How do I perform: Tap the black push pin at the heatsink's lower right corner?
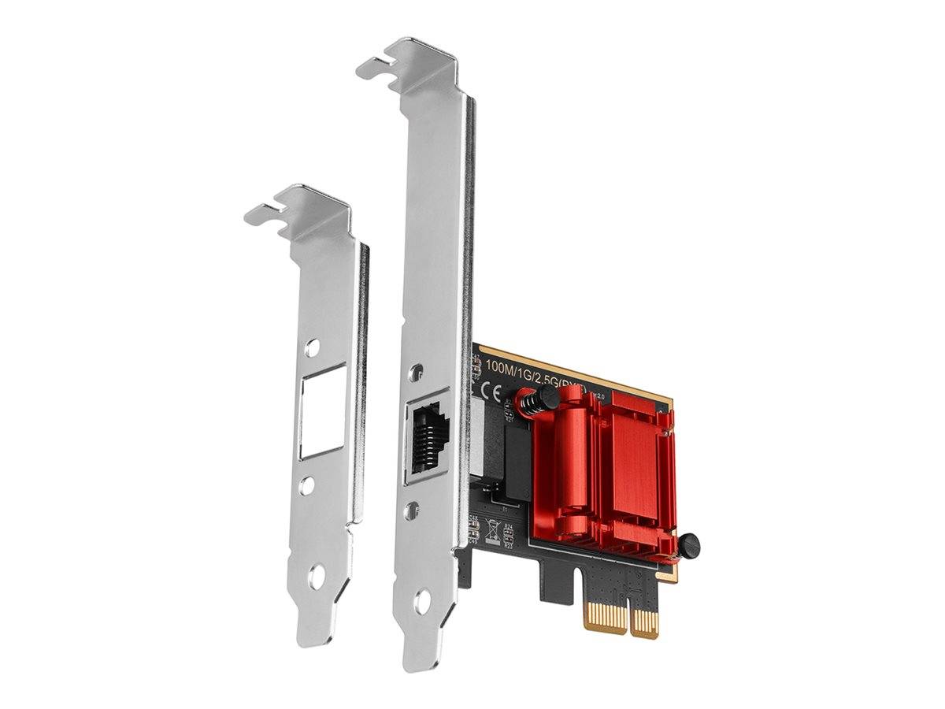tap(689, 543)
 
